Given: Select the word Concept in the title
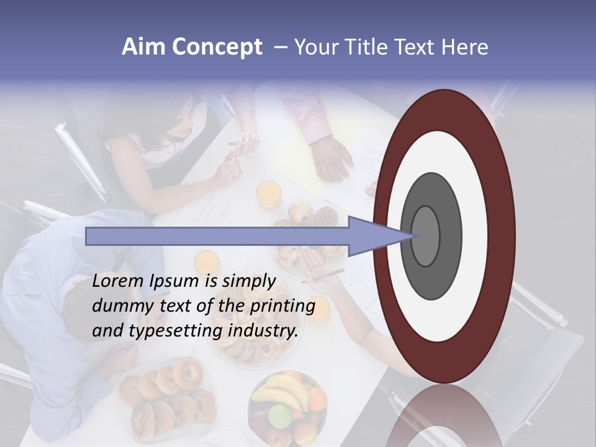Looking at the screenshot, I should (x=217, y=48).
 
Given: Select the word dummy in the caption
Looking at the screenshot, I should (x=120, y=307).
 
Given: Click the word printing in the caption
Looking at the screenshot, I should (x=282, y=307).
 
